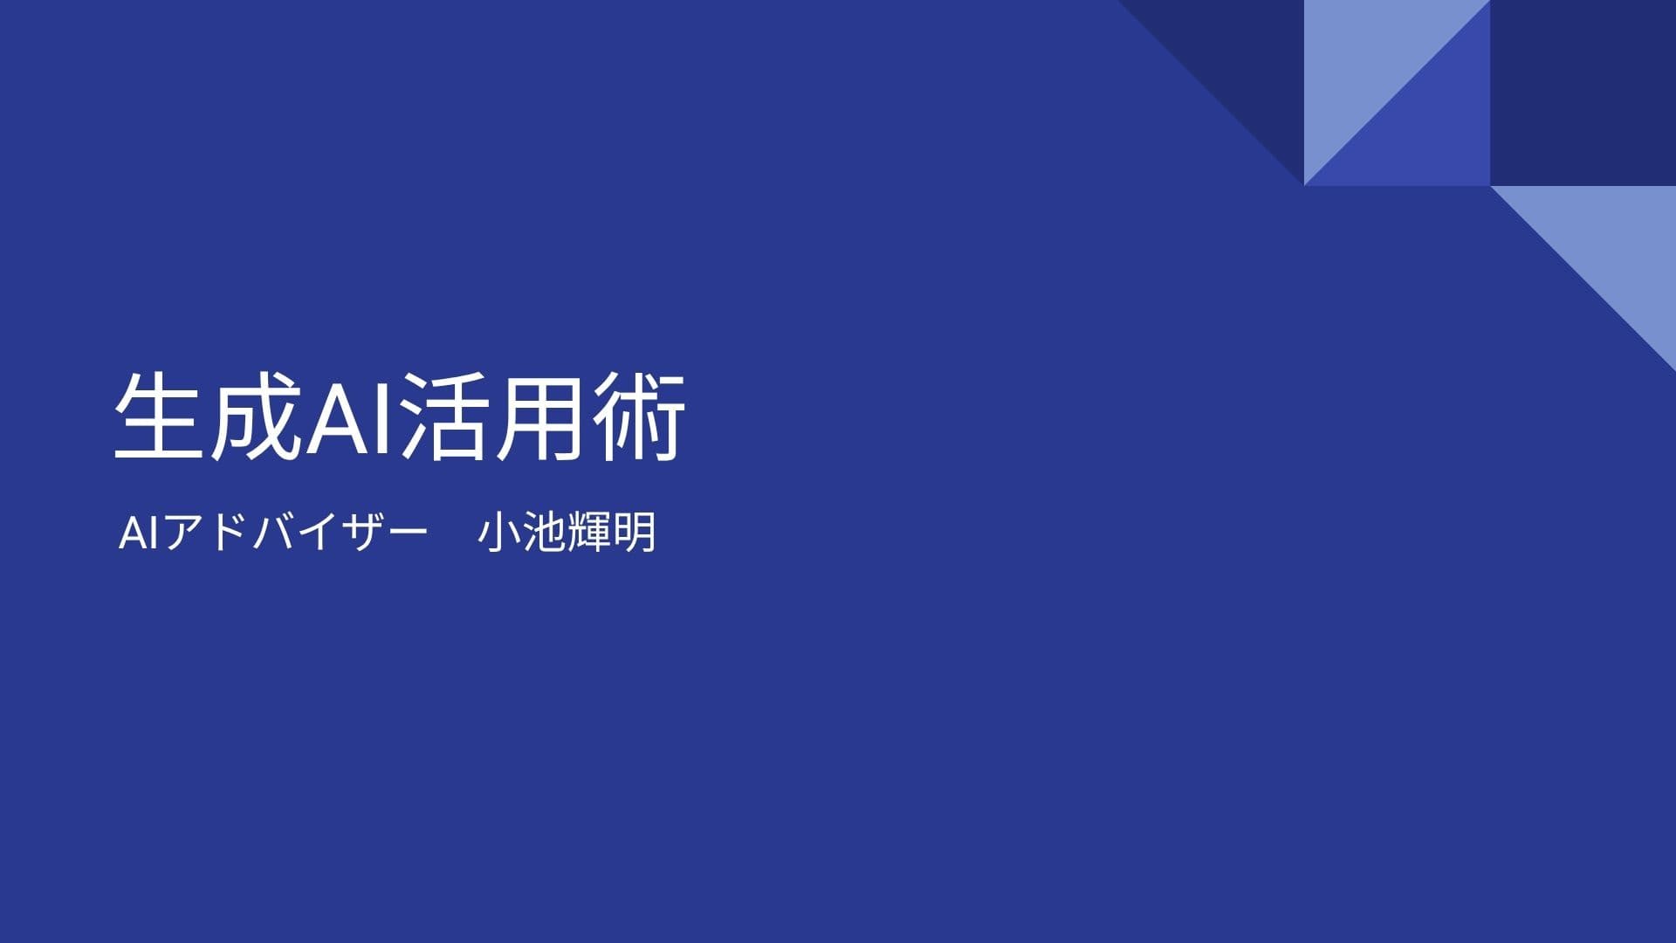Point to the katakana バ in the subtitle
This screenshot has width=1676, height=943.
tap(273, 533)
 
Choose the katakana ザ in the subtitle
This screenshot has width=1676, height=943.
tap(362, 533)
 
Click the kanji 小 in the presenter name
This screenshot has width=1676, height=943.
tap(499, 533)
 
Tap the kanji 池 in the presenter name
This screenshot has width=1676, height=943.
tap(544, 533)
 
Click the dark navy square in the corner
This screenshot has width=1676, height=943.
tap(1583, 93)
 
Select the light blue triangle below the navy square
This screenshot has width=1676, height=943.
tap(1615, 244)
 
